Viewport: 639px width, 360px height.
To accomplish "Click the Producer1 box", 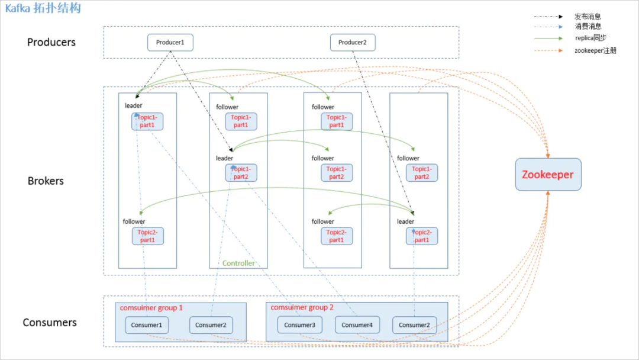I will [170, 43].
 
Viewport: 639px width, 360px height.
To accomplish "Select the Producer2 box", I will [352, 43].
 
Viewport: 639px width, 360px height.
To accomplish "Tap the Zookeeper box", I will [548, 175].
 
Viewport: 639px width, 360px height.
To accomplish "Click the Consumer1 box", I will [147, 325].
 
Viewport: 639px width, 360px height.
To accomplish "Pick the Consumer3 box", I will [299, 325].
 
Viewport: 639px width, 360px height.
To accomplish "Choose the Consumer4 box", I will [357, 325].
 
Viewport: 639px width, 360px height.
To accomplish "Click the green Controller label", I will [238, 263].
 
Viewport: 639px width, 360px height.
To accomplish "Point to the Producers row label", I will [51, 43].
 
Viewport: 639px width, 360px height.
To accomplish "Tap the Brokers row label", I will [46, 181].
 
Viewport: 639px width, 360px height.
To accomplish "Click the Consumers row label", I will [50, 323].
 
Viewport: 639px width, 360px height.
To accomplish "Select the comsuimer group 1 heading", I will [151, 308].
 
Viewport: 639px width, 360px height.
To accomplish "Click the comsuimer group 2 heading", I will [302, 308].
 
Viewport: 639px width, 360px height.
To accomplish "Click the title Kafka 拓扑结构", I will [43, 8].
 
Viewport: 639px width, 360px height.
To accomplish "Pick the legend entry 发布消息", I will [587, 17].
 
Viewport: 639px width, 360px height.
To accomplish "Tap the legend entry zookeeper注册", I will [595, 51].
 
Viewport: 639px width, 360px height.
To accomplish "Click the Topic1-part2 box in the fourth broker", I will [422, 173].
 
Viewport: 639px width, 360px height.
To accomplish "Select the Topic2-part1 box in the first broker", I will [147, 236].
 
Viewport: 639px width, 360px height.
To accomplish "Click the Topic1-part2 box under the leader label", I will [241, 173].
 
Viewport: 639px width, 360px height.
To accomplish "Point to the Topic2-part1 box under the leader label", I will [422, 236].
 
